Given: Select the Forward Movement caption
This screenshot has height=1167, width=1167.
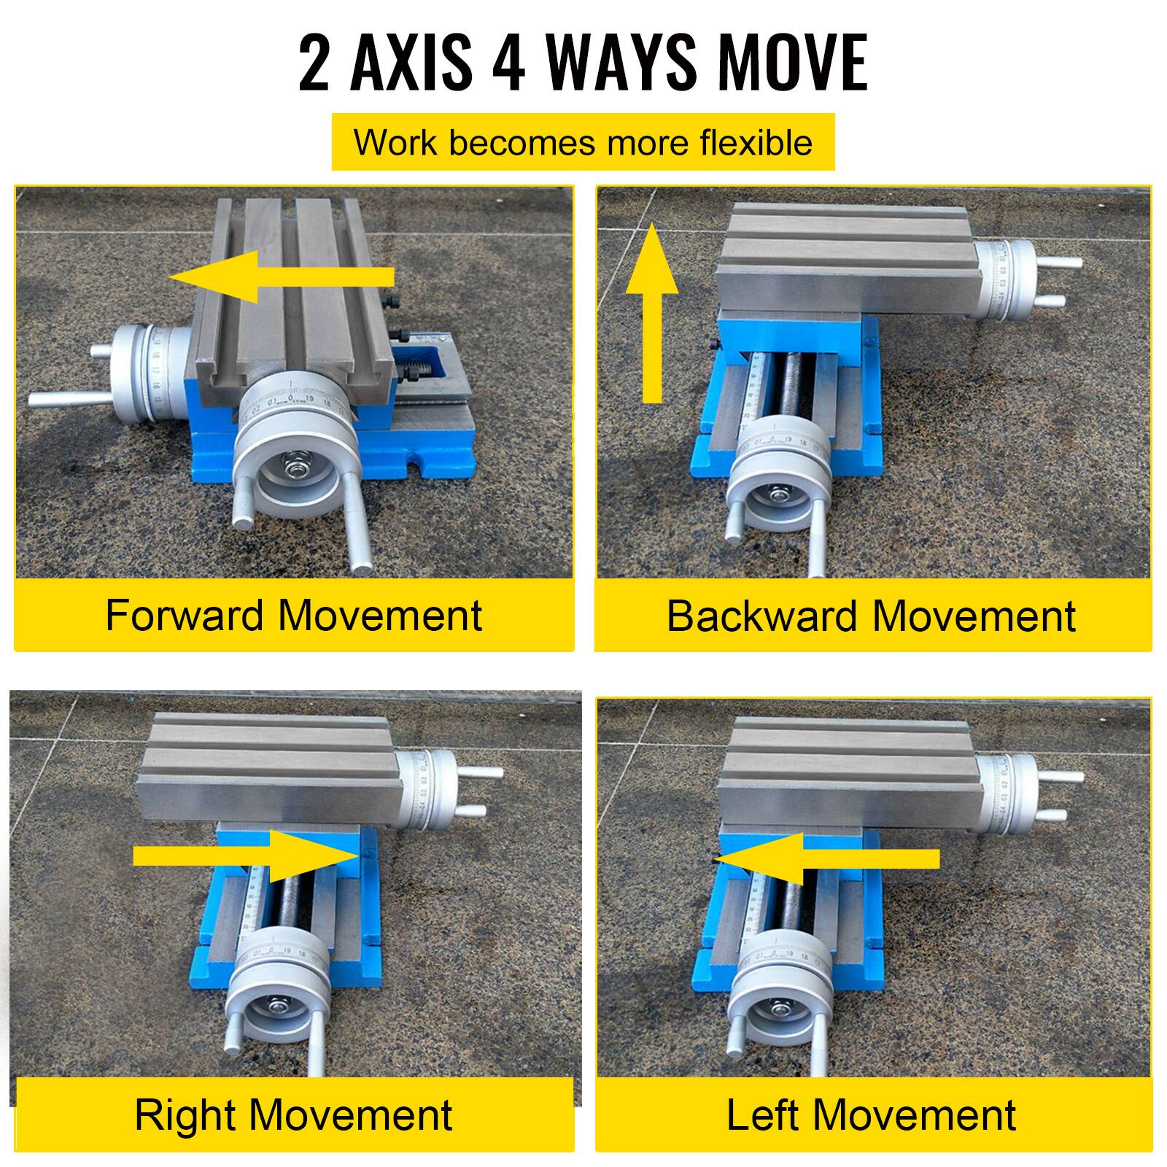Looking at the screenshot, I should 293,615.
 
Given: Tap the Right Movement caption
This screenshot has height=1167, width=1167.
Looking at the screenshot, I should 293,1114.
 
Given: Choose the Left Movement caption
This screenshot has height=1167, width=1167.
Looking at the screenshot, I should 871,1114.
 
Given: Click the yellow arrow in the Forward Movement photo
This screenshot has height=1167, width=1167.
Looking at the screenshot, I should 282,276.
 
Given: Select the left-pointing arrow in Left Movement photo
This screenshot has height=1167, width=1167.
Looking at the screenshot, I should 827,858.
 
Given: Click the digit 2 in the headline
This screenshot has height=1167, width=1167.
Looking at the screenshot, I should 314,63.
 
